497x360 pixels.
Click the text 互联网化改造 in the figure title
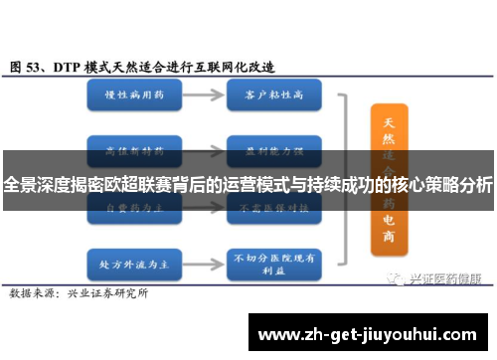click(239, 67)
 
